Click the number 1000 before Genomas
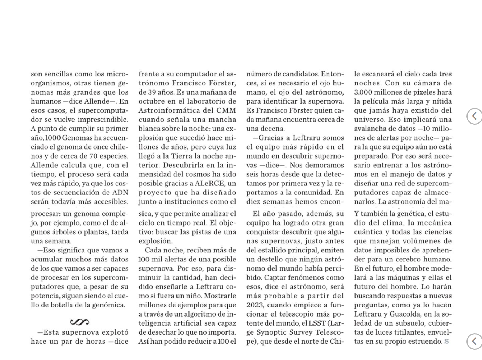point(53,138)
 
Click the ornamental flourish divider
point(79,322)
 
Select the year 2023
point(255,305)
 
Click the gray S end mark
point(446,341)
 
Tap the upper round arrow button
point(474,116)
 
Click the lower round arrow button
point(474,341)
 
